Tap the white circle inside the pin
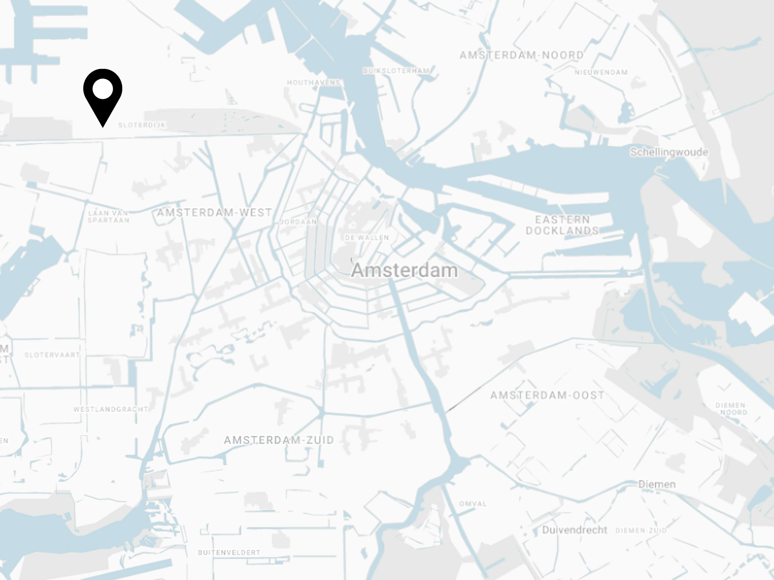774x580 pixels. tap(103, 89)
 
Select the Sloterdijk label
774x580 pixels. tap(142, 125)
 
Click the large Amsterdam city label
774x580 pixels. tap(404, 270)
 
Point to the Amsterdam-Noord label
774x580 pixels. tap(521, 55)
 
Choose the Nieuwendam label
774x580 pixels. tap(601, 72)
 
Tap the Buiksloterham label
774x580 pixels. tap(396, 71)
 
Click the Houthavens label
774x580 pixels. tap(313, 82)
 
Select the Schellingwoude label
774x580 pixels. tap(669, 152)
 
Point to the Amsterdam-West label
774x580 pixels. tap(214, 212)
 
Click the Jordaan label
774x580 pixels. tap(298, 222)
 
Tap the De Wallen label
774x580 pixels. tap(367, 237)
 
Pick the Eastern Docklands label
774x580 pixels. tap(562, 225)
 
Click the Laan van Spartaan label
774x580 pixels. tap(108, 217)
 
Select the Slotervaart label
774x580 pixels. tap(52, 355)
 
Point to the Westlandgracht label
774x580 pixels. tap(111, 409)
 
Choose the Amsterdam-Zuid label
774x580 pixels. tap(279, 440)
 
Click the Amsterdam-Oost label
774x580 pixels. tap(547, 395)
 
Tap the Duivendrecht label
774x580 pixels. tap(574, 530)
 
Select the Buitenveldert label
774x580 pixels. tap(229, 553)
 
